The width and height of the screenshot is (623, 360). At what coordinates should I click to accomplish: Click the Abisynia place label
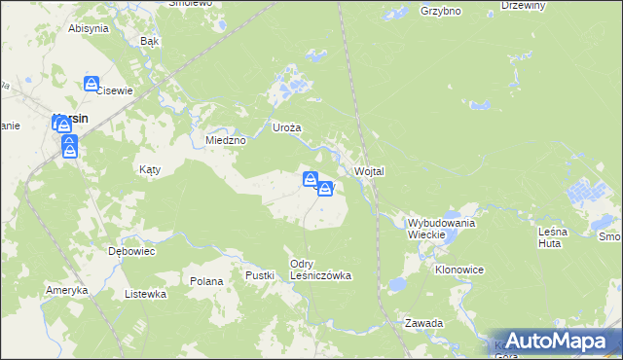[x=88, y=28]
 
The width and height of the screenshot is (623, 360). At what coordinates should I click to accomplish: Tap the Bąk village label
[x=149, y=42]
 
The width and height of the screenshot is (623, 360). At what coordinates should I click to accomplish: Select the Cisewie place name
[x=114, y=90]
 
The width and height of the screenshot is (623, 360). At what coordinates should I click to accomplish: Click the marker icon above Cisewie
[x=92, y=85]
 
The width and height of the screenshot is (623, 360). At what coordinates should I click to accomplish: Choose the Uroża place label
[x=287, y=127]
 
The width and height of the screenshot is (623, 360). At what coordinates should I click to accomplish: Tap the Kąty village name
[x=149, y=169]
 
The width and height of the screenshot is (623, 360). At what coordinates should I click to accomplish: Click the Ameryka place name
[x=66, y=290]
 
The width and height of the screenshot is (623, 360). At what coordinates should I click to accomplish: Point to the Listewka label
[x=146, y=293]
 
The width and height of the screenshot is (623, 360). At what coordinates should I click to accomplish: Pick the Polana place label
[x=206, y=281]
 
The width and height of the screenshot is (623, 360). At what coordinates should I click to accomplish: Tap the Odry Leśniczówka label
[x=320, y=270]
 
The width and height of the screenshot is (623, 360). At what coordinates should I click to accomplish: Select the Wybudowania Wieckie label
[x=441, y=229]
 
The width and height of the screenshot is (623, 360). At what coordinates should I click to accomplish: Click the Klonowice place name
[x=459, y=270]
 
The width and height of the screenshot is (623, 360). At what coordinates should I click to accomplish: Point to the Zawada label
[x=424, y=322]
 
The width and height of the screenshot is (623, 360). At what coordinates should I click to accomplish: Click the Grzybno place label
[x=440, y=12]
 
